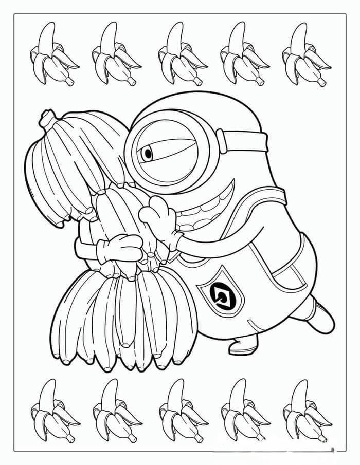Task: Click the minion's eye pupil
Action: click(x=148, y=153)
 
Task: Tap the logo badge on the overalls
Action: click(x=222, y=294)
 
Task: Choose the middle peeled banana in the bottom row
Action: click(x=180, y=411)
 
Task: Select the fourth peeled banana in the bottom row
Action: click(x=243, y=411)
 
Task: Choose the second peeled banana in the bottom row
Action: click(x=115, y=411)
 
